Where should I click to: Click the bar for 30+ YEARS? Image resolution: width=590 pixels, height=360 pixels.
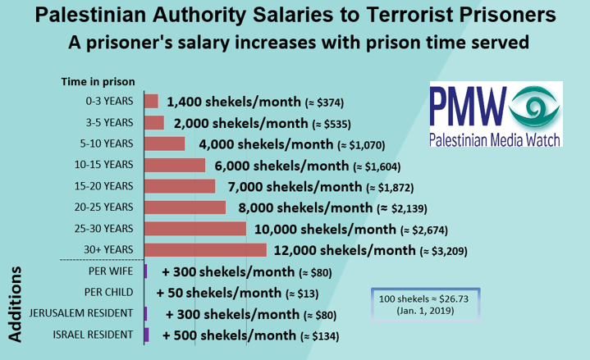coord(205,249)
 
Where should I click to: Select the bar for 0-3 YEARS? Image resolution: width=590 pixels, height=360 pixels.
coord(151,102)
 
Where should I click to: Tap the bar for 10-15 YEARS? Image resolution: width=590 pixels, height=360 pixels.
coord(175,165)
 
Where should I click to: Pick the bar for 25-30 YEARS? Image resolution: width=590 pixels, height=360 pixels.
coord(195,228)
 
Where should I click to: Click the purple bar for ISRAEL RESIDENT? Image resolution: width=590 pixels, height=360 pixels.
coord(146,335)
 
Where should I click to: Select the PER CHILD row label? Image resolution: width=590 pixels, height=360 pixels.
coord(109,292)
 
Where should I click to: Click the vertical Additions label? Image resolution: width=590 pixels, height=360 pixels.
coord(16,303)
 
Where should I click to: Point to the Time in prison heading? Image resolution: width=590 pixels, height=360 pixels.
coord(98,81)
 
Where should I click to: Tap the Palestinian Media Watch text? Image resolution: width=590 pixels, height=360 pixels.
coord(495,140)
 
